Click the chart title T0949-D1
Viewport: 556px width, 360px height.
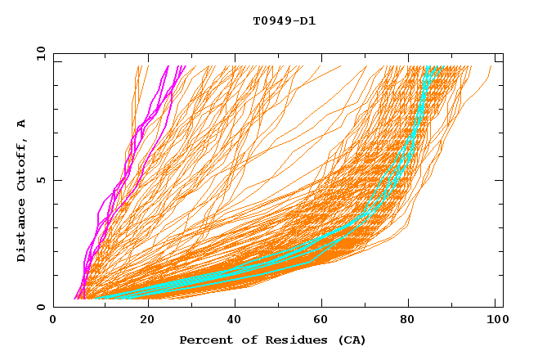tap(285, 20)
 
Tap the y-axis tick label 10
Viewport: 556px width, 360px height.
tap(39, 53)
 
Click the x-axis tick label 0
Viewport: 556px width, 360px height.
tap(53, 320)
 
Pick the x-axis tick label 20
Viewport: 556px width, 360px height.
tap(143, 320)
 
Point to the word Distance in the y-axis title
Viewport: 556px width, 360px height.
tap(22, 233)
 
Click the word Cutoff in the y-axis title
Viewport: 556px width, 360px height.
tap(22, 163)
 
